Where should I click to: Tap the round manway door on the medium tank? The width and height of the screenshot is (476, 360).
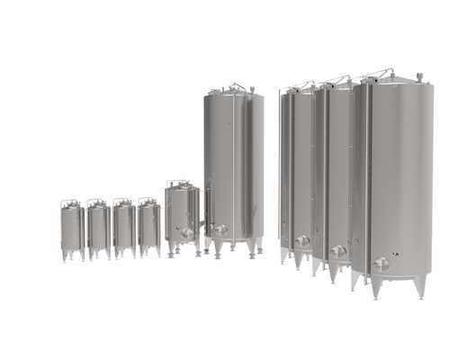click(185, 233)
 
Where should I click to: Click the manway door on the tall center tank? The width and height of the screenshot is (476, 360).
click(219, 230)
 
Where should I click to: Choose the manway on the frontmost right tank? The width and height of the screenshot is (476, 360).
click(381, 264)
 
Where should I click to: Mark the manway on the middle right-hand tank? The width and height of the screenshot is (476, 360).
click(338, 251)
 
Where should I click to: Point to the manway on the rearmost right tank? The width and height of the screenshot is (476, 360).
click(302, 240)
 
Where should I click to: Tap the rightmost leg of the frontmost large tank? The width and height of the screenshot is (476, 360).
click(420, 285)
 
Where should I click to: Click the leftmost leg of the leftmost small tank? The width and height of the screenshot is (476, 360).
click(64, 256)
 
